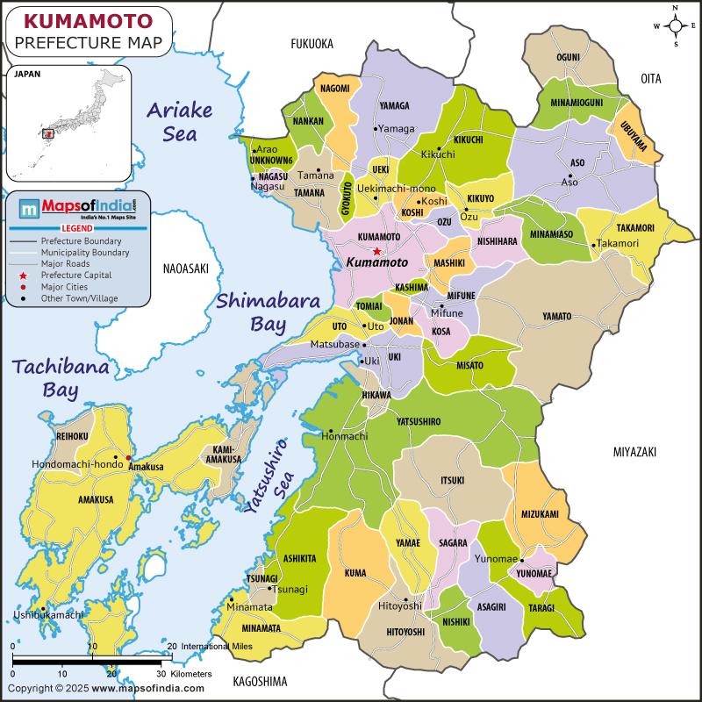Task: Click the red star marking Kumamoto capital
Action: click(376, 251)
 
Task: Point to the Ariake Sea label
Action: click(179, 121)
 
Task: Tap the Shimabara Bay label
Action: click(253, 312)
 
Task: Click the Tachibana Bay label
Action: click(61, 378)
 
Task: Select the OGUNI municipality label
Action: click(568, 57)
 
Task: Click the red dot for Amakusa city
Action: click(128, 458)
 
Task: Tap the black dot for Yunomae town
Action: click(521, 559)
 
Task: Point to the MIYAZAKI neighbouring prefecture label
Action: click(634, 451)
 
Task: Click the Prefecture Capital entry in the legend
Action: click(75, 275)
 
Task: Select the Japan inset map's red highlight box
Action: click(48, 134)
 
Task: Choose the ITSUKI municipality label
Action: click(452, 480)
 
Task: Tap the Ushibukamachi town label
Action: click(48, 614)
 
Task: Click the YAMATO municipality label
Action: click(556, 316)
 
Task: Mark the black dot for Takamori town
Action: click(593, 245)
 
